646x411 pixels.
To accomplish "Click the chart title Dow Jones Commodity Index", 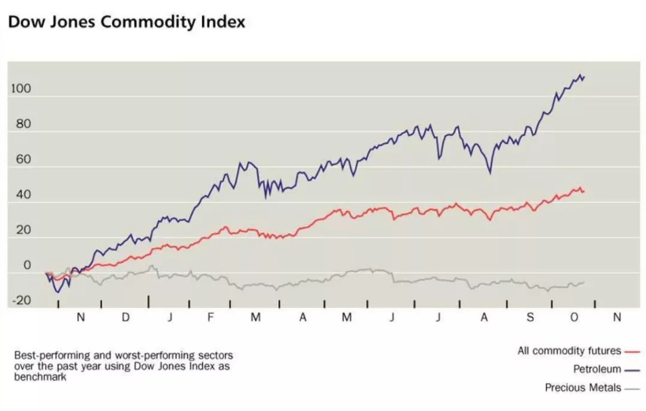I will pos(127,22).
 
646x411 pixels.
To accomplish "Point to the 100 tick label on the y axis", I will pos(20,90).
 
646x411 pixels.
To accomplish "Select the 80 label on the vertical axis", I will pos(23,125).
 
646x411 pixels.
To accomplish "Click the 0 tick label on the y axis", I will pos(27,266).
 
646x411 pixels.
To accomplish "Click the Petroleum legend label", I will pos(597,369).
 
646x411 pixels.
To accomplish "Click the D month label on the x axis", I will pos(126,318).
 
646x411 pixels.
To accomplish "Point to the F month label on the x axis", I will pos(211,318).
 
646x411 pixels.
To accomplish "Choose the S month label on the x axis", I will pos(530,318).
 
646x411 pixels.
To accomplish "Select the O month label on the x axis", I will pos(574,318).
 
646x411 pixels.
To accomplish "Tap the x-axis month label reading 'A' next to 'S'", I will pos(484,318).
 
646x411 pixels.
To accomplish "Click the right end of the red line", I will pos(584,191).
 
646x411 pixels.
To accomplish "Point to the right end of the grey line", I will pos(584,282).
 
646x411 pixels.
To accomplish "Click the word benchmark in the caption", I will pos(37,378).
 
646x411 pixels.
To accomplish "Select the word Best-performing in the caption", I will pos(45,355).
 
